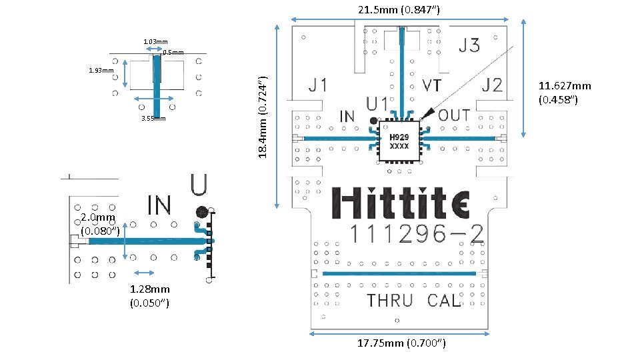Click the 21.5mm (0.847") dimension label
pos(399,9)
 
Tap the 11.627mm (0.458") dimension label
pos(565,93)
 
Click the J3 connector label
pos(469,45)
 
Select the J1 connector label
pos(318,85)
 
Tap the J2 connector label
pos(493,85)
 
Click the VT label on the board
pos(435,85)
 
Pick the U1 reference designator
pos(379,104)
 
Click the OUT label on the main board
pos(455,115)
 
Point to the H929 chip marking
pos(399,137)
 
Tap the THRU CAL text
pos(413,301)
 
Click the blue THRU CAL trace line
pos(400,274)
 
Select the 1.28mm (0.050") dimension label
pos(149,296)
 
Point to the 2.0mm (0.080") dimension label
pos(99,224)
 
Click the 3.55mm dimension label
pos(153,119)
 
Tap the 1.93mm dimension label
pos(101,70)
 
